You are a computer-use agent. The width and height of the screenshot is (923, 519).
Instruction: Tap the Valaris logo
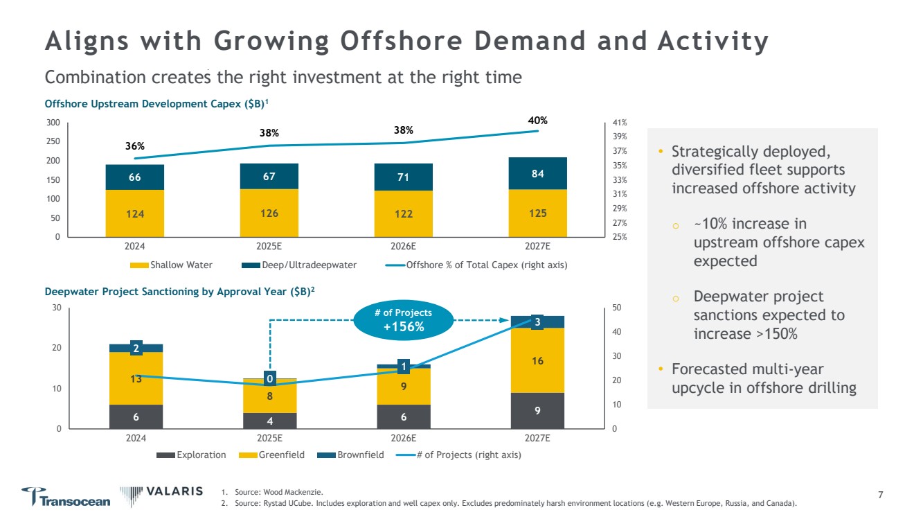click(162, 492)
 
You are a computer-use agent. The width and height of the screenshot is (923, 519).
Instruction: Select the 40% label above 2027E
click(537, 121)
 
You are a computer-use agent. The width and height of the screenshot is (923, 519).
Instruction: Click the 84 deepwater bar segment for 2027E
click(537, 173)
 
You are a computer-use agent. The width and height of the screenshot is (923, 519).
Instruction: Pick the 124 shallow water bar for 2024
click(134, 213)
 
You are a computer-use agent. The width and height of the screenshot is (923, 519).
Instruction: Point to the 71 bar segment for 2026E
click(404, 177)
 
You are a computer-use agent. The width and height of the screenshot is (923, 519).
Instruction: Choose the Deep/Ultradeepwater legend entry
click(302, 265)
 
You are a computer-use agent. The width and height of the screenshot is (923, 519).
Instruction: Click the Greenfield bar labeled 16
click(537, 360)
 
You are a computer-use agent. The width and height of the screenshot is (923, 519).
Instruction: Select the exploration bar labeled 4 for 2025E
click(269, 421)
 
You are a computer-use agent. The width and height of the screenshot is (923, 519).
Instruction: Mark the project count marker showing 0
click(269, 378)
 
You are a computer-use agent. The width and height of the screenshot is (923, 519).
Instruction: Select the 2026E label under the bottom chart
click(404, 438)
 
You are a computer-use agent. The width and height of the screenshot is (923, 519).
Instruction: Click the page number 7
click(880, 495)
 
